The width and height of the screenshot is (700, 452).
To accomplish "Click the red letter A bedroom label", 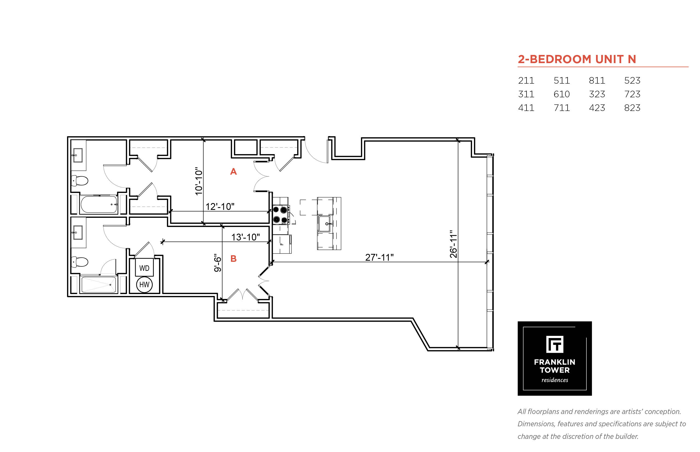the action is click(233, 171).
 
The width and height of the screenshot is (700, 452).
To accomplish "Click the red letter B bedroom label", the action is click(233, 259).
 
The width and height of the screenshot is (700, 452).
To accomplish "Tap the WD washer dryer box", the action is click(144, 267).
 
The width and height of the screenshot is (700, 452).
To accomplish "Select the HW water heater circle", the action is click(144, 284).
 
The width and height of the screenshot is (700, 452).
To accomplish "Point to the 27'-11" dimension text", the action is click(379, 257).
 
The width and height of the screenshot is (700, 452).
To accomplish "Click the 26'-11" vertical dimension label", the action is click(453, 244).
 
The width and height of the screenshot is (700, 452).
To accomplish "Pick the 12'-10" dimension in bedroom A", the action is click(220, 206).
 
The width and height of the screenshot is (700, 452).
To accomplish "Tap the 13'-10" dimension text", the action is click(245, 237).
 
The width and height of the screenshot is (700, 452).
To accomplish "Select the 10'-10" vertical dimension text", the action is click(199, 181).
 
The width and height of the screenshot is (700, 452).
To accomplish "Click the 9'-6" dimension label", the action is click(218, 263).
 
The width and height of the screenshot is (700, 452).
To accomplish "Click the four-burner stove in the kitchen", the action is click(280, 215).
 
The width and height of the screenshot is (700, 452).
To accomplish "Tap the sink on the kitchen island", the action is click(325, 224).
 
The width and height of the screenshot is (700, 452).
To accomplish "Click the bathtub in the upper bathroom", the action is click(99, 204).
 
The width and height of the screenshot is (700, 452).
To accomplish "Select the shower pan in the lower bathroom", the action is click(99, 284).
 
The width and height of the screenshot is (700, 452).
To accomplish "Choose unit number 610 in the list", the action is click(561, 94).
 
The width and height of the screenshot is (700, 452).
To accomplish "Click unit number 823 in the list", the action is click(632, 108).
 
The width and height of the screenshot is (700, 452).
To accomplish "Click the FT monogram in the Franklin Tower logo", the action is click(554, 344).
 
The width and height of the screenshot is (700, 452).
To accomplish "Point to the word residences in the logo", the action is click(554, 380).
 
